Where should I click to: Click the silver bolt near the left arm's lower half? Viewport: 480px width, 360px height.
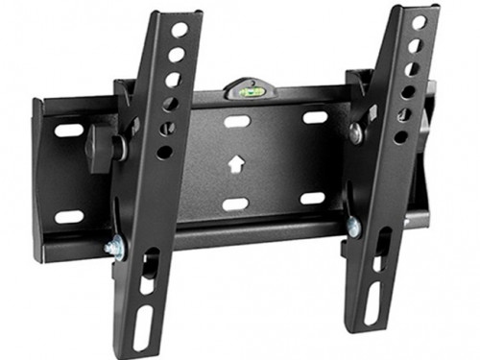pyautogui.click(x=112, y=248)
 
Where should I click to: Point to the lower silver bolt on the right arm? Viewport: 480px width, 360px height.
pyautogui.click(x=353, y=228)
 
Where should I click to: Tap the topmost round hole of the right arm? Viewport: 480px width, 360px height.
pyautogui.click(x=420, y=22)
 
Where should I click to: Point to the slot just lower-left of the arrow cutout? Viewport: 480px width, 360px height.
pyautogui.click(x=235, y=204)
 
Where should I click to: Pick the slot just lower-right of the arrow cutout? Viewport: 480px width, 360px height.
pyautogui.click(x=312, y=199)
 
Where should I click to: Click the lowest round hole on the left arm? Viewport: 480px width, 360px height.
pyautogui.click(x=164, y=152)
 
